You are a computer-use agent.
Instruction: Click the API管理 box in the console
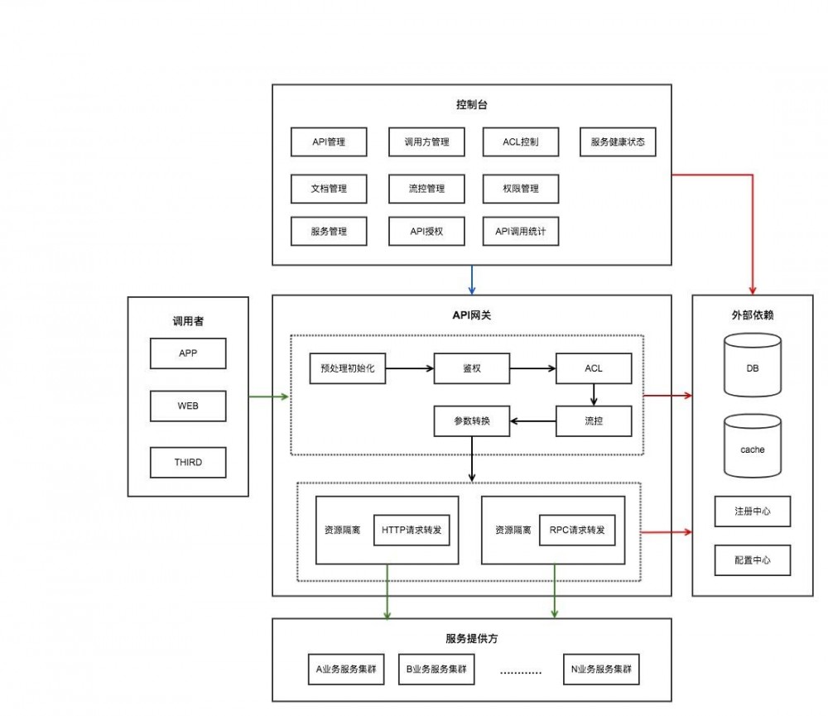(329, 142)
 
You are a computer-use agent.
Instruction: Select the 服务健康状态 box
(618, 142)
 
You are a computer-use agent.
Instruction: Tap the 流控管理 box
(426, 189)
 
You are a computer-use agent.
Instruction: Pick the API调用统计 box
(520, 231)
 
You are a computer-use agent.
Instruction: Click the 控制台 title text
(471, 105)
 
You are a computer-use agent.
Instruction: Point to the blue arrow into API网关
(471, 280)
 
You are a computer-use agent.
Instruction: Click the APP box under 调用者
(188, 353)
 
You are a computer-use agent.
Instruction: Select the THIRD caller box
(188, 462)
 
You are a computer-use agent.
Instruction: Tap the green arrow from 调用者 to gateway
(268, 396)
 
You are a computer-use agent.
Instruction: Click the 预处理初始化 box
(347, 368)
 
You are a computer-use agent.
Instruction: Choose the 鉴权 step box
(470, 368)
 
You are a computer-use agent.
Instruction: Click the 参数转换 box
(471, 420)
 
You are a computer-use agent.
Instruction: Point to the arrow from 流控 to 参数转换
(532, 420)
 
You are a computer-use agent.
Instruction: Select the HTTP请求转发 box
(412, 530)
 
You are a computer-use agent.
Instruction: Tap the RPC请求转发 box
(577, 530)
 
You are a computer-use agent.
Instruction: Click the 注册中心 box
(752, 512)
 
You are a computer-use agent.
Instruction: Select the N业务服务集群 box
(601, 669)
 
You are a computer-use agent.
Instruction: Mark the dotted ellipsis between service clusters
(520, 671)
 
